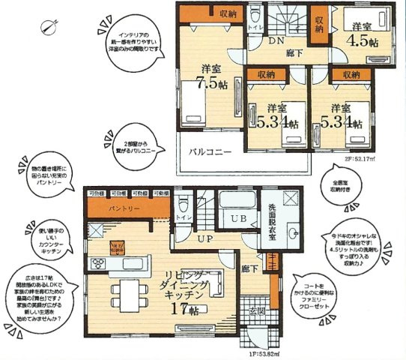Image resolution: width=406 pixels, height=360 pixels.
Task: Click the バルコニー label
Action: (x=206, y=151)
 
